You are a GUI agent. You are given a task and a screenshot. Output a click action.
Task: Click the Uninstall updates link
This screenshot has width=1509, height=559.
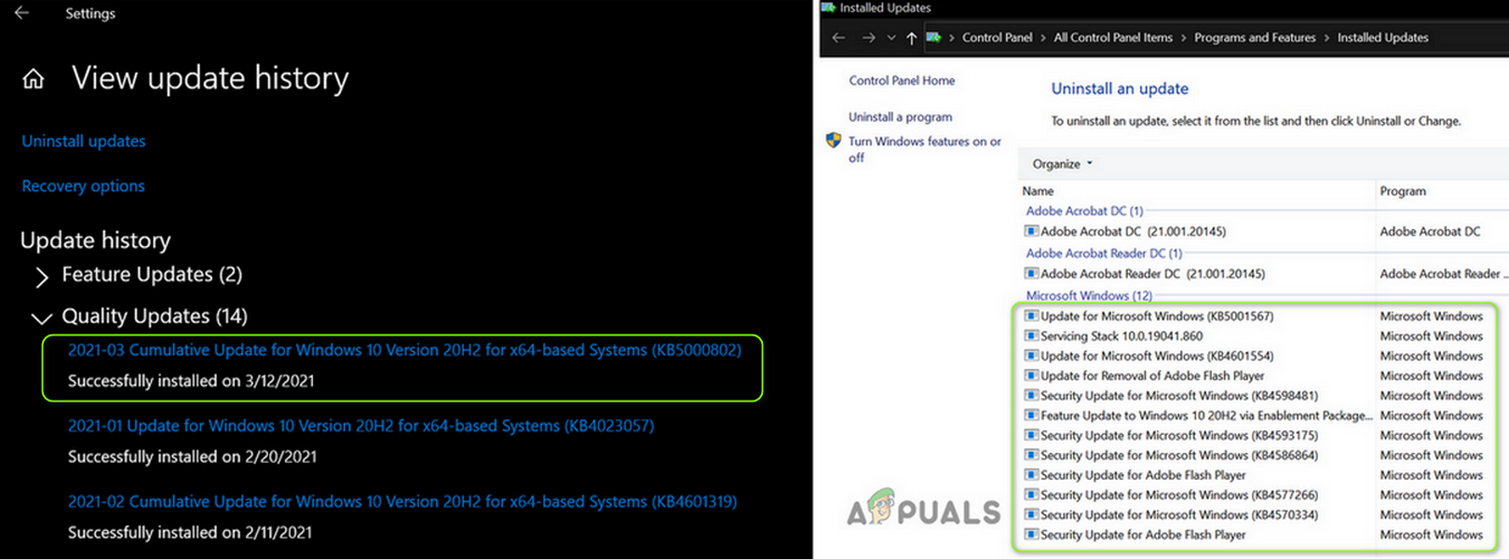coord(84,142)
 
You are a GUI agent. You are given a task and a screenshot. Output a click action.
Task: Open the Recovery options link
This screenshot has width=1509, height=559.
coord(83,186)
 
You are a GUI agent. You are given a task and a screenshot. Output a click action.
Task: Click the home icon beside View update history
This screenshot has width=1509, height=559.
coord(33,79)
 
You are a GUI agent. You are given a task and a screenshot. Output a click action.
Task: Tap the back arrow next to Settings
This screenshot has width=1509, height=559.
coord(21,13)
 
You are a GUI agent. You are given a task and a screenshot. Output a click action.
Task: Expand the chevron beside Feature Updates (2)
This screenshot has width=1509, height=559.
coord(42,277)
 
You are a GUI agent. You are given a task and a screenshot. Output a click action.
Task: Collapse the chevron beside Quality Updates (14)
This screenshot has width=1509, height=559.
coord(42,318)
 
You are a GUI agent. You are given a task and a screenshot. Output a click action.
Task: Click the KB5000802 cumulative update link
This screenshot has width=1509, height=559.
coord(404,350)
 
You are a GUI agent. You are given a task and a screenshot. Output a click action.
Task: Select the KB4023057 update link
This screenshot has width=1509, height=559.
coord(361,426)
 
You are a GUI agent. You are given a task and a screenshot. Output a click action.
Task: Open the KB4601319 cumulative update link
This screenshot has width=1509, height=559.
coord(402,502)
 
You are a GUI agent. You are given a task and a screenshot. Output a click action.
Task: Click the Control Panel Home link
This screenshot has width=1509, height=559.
coord(902,81)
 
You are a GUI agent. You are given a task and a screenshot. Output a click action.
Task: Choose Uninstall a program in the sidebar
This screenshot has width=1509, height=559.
coord(900,117)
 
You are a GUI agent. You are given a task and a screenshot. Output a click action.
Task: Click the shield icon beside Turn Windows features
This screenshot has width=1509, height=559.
coord(834,140)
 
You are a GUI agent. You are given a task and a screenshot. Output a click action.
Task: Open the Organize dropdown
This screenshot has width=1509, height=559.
coord(1062,164)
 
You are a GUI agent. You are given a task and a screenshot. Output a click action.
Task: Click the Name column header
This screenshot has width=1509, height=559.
coord(1038,191)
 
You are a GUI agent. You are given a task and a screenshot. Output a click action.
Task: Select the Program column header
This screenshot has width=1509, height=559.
coord(1403,191)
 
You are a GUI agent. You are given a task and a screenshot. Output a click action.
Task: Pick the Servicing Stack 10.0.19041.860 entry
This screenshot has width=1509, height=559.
coord(1121,336)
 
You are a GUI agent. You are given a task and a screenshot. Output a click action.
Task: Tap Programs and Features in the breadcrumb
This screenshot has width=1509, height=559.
coord(1255,37)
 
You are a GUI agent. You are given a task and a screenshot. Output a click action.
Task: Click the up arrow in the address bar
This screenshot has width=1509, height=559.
coord(912,38)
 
